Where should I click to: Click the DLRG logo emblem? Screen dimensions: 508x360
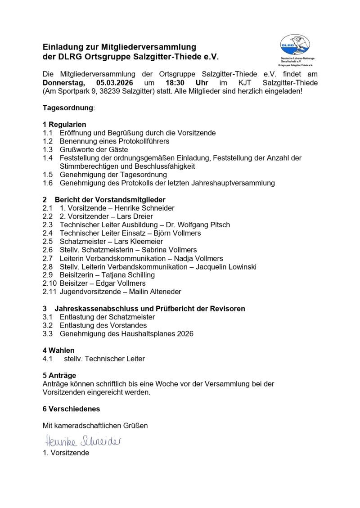pyautogui.click(x=295, y=46)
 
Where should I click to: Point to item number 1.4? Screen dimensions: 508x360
pyautogui.click(x=48, y=158)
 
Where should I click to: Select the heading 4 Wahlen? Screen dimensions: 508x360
pyautogui.click(x=58, y=350)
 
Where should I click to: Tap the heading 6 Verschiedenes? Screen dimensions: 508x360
pyautogui.click(x=71, y=409)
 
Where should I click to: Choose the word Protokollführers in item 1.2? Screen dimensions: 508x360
pyautogui.click(x=140, y=141)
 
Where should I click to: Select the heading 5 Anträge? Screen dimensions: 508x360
pyautogui.click(x=59, y=375)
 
